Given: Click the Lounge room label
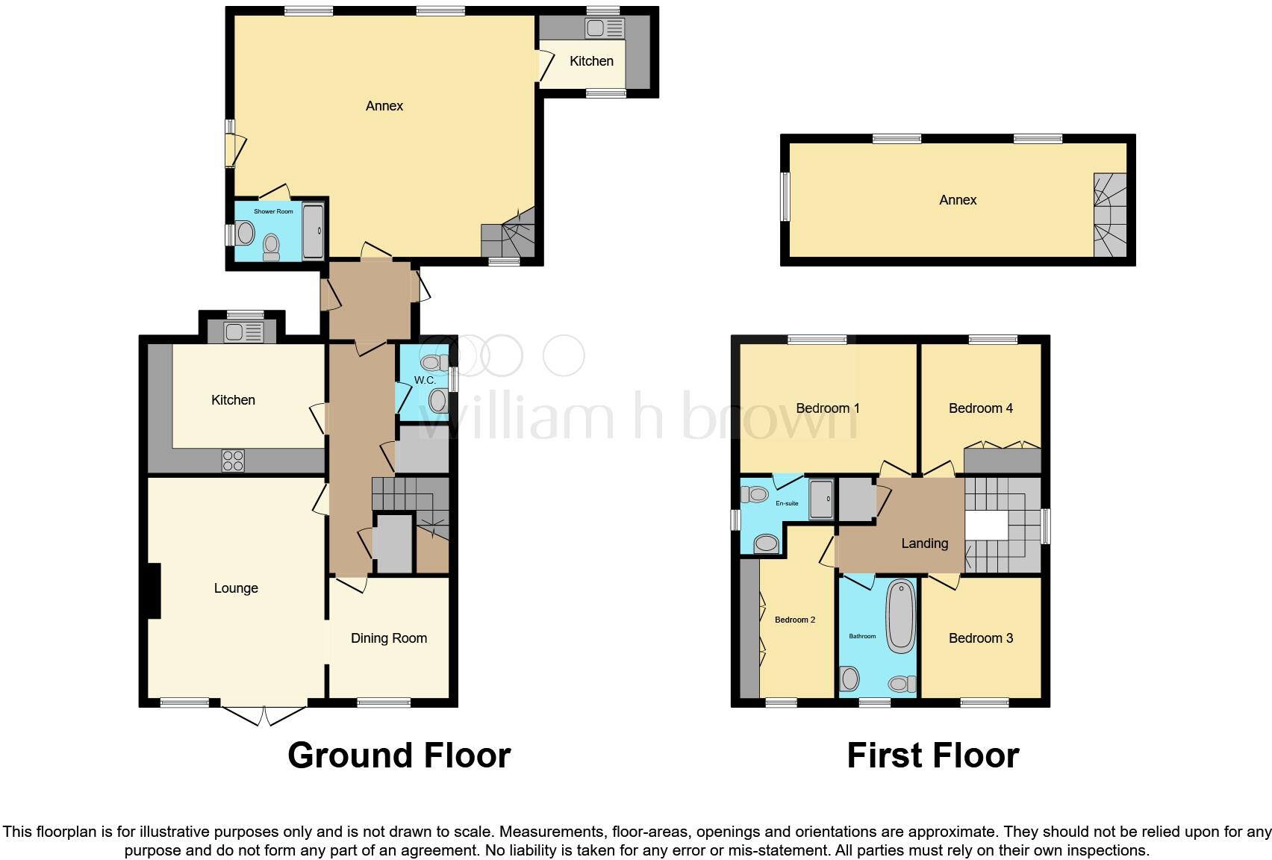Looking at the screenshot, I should coord(236,588).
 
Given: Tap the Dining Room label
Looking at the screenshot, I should coord(389,638).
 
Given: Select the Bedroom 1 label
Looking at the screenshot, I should coord(828,408).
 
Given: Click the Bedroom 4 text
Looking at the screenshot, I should coord(980,408).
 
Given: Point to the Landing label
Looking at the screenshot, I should coord(924,543).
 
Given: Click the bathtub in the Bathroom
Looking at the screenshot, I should coord(901,617).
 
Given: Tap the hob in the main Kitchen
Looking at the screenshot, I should coord(233,461).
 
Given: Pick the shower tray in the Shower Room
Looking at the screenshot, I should coord(314,231).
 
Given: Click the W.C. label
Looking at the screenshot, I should coord(424,381).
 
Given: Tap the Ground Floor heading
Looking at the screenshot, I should coord(399,755).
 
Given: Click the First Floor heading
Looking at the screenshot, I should coord(932,755).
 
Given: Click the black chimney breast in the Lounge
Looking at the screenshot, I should coord(153,591).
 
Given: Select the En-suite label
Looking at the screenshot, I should coord(787,503).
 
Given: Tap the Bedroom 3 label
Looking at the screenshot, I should coord(980,638).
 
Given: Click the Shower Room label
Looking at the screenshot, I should coord(273,212).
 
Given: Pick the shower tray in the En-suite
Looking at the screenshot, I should coord(823,499).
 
